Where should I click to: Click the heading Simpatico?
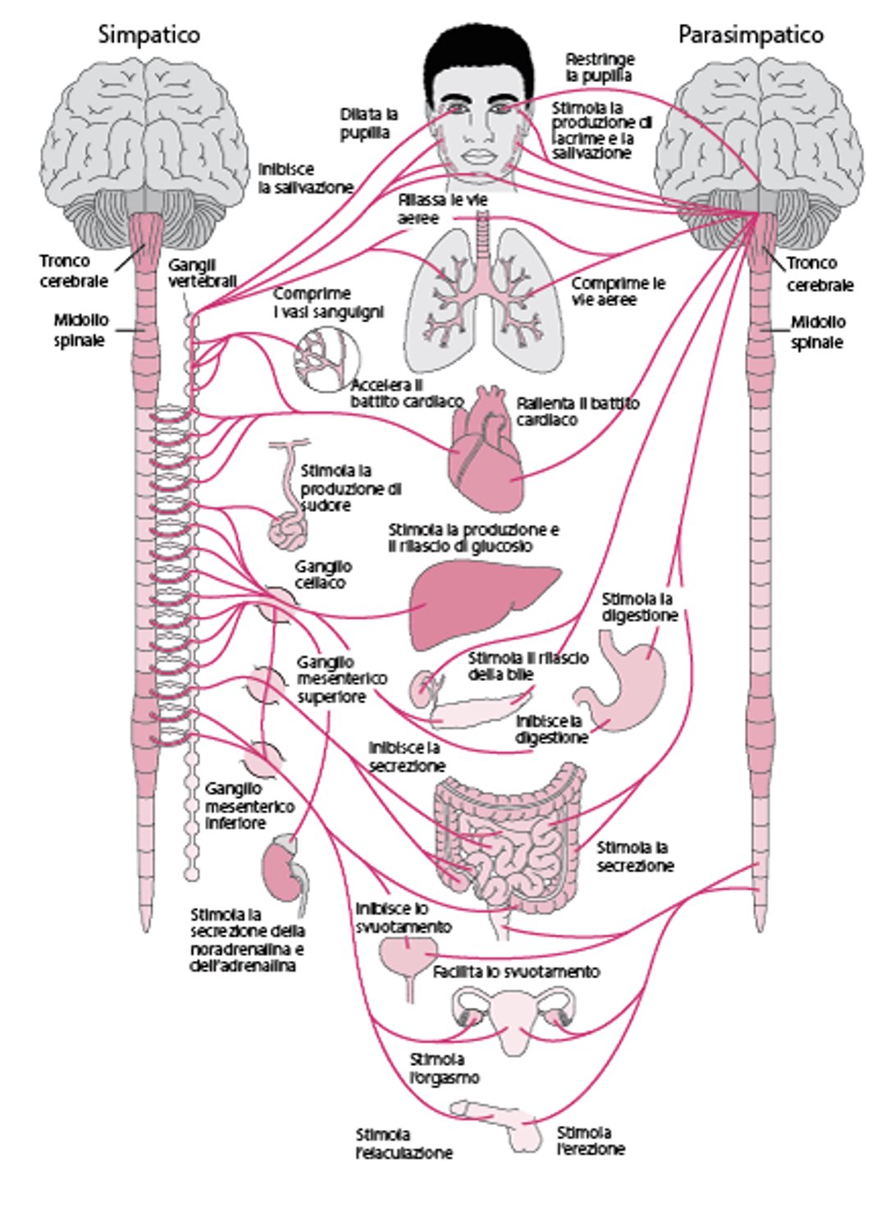[x=148, y=34]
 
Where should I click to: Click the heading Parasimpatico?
[x=750, y=34]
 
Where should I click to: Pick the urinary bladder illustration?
[x=405, y=957]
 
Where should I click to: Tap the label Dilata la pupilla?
[x=368, y=123]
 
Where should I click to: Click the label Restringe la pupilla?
[x=600, y=67]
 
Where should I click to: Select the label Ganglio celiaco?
[x=323, y=574]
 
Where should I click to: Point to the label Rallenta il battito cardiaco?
[x=578, y=412]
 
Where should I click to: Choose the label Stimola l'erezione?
[x=590, y=1141]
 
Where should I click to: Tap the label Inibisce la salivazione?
[x=305, y=178]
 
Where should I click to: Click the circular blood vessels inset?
[x=327, y=359]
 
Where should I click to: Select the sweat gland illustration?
[x=287, y=525]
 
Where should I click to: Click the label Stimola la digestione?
[x=639, y=607]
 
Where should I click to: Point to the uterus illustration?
[x=515, y=1018]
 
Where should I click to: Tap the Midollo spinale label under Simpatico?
[x=80, y=330]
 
